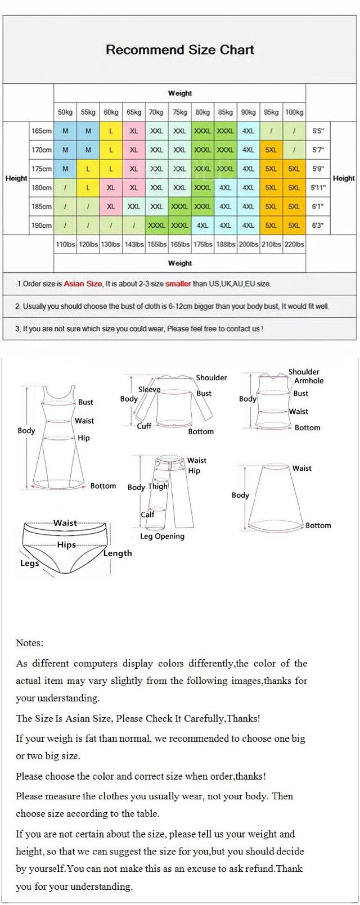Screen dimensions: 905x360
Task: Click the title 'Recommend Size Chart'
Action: pos(180,49)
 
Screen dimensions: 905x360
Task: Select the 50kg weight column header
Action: pos(65,112)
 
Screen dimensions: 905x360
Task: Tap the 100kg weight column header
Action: pos(294,112)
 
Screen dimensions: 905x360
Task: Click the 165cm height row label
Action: pos(41,131)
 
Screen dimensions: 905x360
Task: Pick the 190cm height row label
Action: pos(41,226)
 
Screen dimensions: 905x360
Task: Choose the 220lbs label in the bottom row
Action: pos(294,244)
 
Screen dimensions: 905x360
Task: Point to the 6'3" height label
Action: pos(318,226)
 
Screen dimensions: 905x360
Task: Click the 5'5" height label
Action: pos(318,131)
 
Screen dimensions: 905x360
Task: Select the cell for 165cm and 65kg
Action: pos(134,131)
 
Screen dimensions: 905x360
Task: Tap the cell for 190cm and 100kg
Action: pos(294,226)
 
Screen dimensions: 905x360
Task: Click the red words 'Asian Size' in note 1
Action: pos(83,284)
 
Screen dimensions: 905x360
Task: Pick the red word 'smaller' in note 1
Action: pos(178,284)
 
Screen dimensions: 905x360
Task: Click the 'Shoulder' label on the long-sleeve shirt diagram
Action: pos(211,377)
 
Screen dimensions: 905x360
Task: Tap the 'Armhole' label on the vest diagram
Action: pos(309,381)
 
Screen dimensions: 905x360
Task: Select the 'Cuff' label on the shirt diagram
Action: pos(144,426)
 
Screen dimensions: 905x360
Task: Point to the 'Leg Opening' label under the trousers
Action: pos(162,536)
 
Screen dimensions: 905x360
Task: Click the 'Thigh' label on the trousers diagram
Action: pos(157,486)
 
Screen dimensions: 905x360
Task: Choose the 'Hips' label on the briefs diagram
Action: pos(66,544)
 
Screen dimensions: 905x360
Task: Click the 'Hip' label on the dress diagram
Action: pos(83,438)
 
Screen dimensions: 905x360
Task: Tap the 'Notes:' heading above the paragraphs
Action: pos(29,643)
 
